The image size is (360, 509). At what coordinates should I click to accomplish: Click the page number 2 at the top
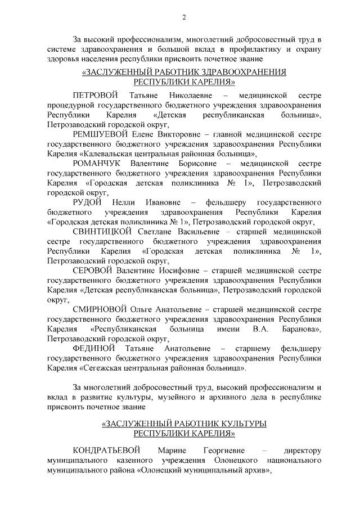point(184,16)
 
